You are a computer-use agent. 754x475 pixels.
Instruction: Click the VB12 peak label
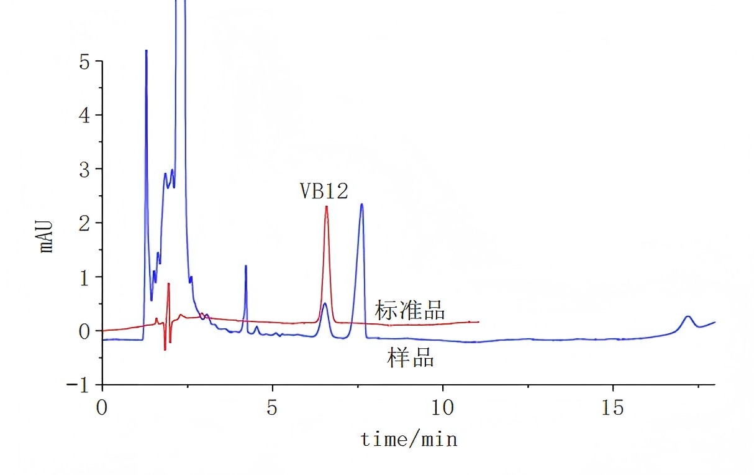click(x=324, y=191)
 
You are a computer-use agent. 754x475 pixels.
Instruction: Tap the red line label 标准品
click(x=409, y=310)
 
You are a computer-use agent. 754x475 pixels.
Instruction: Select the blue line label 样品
click(x=411, y=358)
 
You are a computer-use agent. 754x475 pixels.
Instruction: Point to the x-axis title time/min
click(x=409, y=440)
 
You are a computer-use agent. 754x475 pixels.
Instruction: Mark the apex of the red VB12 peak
click(x=327, y=206)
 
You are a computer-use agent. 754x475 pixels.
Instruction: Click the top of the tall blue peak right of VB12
click(x=361, y=204)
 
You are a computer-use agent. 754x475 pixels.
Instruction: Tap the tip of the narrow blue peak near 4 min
click(x=246, y=266)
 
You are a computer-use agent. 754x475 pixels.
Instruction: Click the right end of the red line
click(x=479, y=321)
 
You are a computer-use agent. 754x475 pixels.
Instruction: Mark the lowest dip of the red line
click(x=165, y=350)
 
